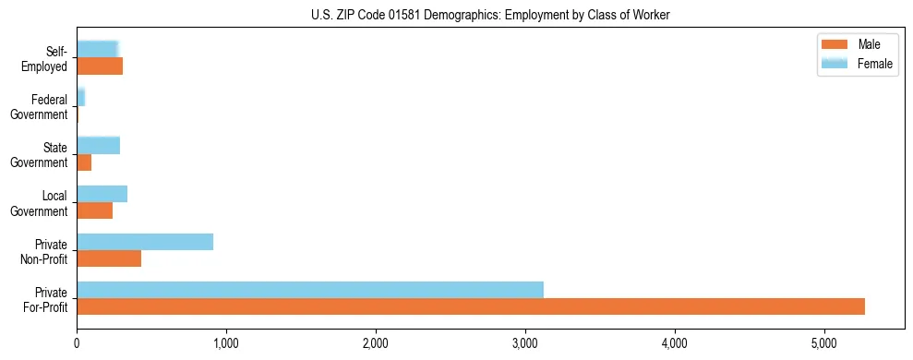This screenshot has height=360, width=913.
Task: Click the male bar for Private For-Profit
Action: [471, 306]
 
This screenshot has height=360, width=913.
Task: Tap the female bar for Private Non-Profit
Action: [145, 242]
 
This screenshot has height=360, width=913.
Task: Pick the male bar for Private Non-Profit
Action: [109, 258]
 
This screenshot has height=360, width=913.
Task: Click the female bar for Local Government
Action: [102, 194]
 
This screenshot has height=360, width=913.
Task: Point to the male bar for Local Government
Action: [94, 210]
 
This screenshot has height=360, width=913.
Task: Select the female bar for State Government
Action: [98, 146]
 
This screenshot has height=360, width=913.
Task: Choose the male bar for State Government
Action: [84, 162]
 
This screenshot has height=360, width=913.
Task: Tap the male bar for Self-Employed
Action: [100, 66]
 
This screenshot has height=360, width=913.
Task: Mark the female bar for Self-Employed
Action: [97, 49]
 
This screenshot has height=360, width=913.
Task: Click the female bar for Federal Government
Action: [80, 97]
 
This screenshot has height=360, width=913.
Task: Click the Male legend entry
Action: [856, 45]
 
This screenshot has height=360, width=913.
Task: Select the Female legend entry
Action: [856, 64]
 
